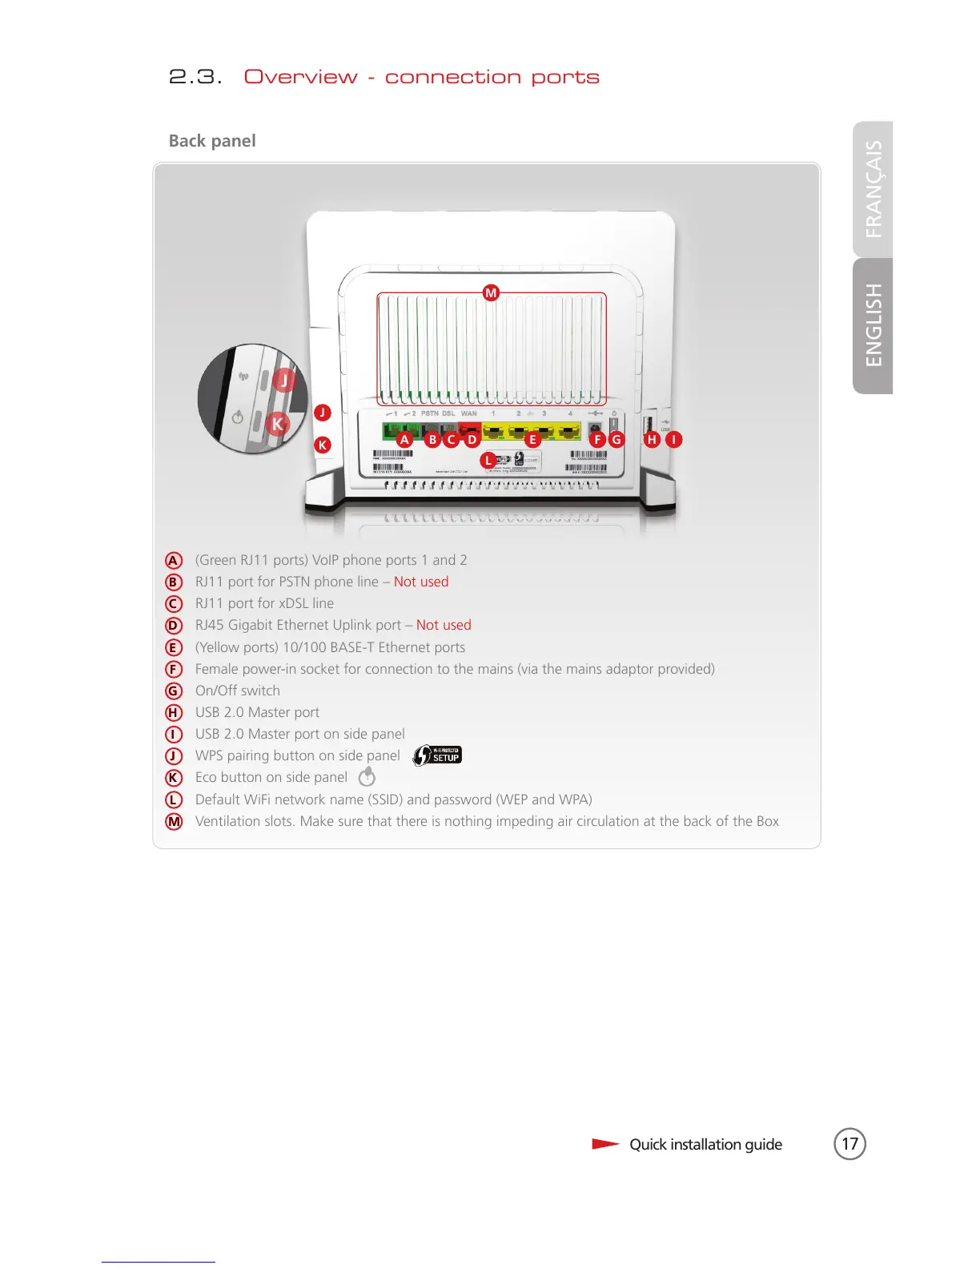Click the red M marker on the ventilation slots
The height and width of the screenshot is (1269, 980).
(491, 293)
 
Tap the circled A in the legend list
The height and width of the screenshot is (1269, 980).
(174, 561)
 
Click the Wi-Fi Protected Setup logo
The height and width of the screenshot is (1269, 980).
(437, 755)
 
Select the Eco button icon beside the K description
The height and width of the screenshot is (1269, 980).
(367, 776)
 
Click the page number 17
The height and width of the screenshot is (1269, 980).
(849, 1143)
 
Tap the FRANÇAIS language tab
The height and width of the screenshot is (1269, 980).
(874, 189)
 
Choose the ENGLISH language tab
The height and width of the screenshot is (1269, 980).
(874, 325)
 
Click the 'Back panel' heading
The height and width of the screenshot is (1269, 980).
(212, 141)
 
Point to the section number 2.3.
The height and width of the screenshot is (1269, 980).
(195, 77)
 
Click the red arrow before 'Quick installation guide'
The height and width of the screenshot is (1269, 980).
(605, 1143)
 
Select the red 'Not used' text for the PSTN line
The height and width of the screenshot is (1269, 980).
(421, 582)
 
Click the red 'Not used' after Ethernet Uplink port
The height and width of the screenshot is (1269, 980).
(444, 625)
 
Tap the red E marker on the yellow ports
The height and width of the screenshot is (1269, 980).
(532, 439)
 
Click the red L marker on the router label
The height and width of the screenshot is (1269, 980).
(488, 460)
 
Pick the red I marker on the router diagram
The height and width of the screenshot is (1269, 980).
(674, 439)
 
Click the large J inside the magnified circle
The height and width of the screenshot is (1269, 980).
(283, 380)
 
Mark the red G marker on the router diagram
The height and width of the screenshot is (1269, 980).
(616, 439)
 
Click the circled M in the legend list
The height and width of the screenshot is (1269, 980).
(174, 821)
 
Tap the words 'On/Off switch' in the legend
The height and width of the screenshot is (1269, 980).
(238, 691)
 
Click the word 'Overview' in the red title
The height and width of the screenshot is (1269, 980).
(301, 77)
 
